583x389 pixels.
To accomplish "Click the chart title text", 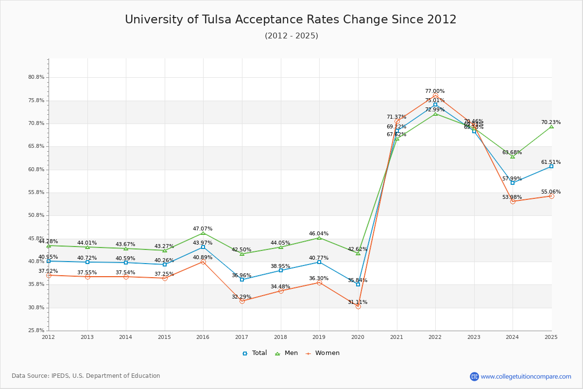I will click(291, 19).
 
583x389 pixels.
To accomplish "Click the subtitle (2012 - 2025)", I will click(291, 36).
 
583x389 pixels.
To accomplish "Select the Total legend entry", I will click(255, 353).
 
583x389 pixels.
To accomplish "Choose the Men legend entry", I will click(287, 353).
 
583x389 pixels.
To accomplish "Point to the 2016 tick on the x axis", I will click(203, 337).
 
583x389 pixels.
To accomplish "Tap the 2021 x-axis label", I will click(396, 337).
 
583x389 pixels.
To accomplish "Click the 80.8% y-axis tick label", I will click(36, 77).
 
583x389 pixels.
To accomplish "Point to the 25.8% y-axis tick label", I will click(36, 331).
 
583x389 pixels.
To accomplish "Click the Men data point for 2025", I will click(551, 126).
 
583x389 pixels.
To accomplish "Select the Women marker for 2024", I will click(513, 201).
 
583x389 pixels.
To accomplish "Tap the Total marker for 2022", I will click(435, 105).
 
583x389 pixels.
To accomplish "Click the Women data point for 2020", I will click(358, 306).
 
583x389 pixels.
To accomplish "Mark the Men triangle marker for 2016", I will click(203, 233).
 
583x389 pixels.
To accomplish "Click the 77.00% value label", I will click(435, 91).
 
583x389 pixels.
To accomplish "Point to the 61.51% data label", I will click(551, 162).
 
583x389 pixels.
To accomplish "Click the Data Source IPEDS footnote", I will click(86, 376).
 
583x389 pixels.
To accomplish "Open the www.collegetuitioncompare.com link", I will click(526, 376).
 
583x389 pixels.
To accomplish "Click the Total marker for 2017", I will click(242, 280).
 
